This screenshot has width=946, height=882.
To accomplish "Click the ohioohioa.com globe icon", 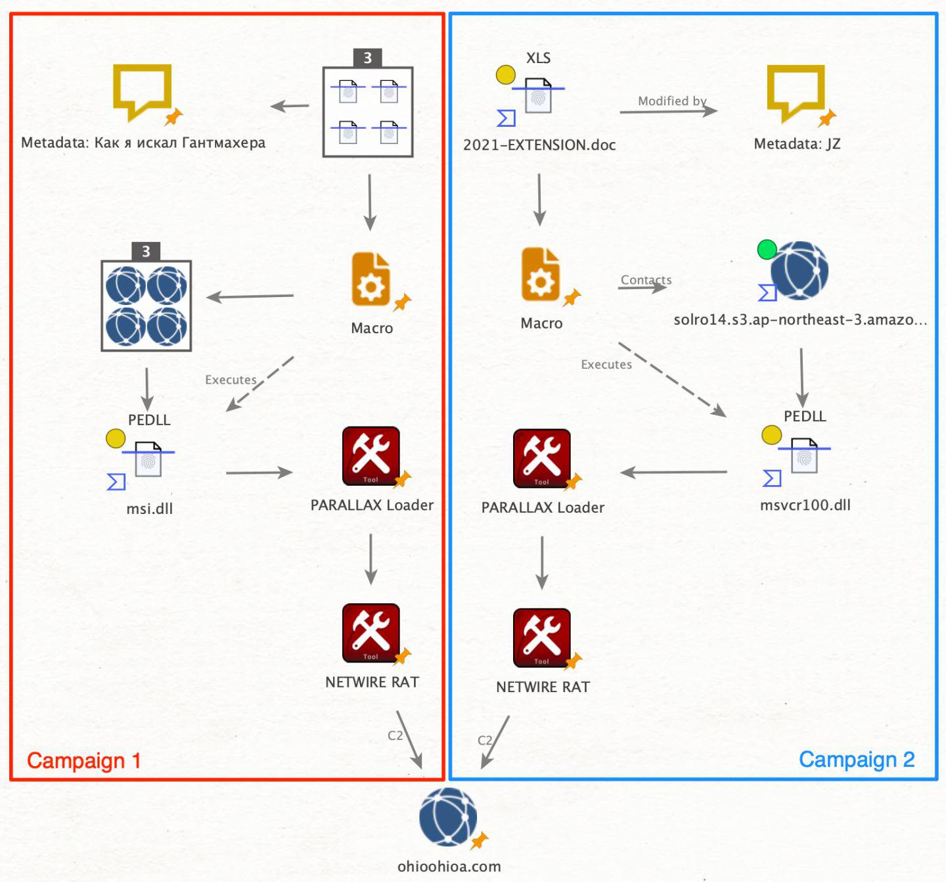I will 449,817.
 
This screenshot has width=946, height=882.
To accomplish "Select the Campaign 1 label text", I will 83,760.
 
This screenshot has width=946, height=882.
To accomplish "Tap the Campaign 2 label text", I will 856,759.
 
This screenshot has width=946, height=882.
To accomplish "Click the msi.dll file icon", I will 148,461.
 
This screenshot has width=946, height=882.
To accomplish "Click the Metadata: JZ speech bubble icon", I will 796,92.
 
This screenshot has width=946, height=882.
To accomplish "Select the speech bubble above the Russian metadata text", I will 142,91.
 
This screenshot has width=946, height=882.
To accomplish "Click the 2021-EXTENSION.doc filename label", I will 539,145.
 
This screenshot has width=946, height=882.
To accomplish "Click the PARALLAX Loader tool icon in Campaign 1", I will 371,455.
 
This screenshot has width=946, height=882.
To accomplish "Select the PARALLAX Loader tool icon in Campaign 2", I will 541,458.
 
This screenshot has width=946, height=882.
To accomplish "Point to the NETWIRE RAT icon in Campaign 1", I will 371,632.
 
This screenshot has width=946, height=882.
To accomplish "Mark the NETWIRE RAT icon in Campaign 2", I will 541,637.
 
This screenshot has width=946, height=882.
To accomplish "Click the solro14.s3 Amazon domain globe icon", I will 799,271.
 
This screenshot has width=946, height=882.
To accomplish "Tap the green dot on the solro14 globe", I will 767,250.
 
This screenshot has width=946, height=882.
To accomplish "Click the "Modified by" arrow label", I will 671,101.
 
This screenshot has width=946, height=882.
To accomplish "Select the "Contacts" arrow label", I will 646,280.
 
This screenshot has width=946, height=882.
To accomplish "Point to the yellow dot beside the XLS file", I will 505,75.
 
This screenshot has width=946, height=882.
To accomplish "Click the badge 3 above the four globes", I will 146,251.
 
